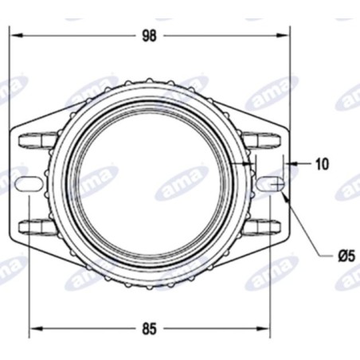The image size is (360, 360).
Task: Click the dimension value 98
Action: click(x=150, y=36)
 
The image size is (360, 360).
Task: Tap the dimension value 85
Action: click(x=150, y=327)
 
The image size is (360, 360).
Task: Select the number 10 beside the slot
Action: click(x=321, y=164)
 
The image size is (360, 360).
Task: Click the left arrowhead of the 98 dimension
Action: click(x=14, y=36)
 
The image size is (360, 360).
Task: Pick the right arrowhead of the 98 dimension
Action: click(x=285, y=36)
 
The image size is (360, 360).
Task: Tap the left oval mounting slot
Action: click(x=29, y=183)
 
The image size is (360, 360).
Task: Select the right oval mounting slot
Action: click(x=269, y=183)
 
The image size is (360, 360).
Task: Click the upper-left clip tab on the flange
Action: click(x=32, y=140)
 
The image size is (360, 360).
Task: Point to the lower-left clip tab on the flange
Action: click(x=32, y=225)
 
